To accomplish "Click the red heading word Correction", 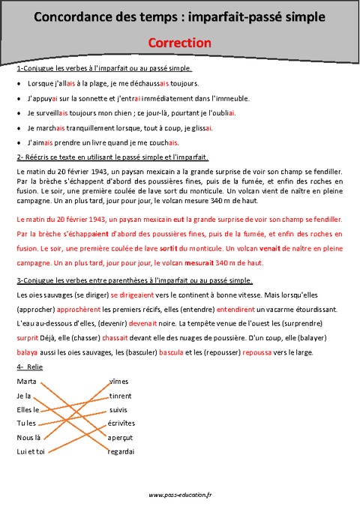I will (179, 43).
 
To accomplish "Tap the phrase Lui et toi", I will (31, 451).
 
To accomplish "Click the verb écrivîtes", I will (122, 424).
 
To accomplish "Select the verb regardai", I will (121, 451).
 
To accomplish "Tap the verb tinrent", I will (121, 395).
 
